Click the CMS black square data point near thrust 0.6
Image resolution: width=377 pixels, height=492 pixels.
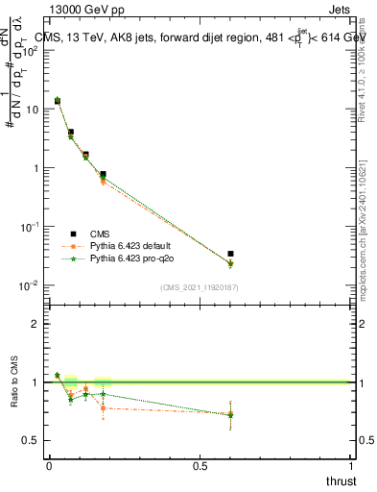[x=230, y=254]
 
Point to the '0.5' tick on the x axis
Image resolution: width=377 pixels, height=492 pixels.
[x=200, y=464]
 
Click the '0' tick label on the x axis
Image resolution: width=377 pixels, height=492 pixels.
[x=49, y=464]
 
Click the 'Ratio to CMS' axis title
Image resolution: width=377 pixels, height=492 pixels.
[x=15, y=382]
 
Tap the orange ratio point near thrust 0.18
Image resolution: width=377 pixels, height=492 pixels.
[x=103, y=408]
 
